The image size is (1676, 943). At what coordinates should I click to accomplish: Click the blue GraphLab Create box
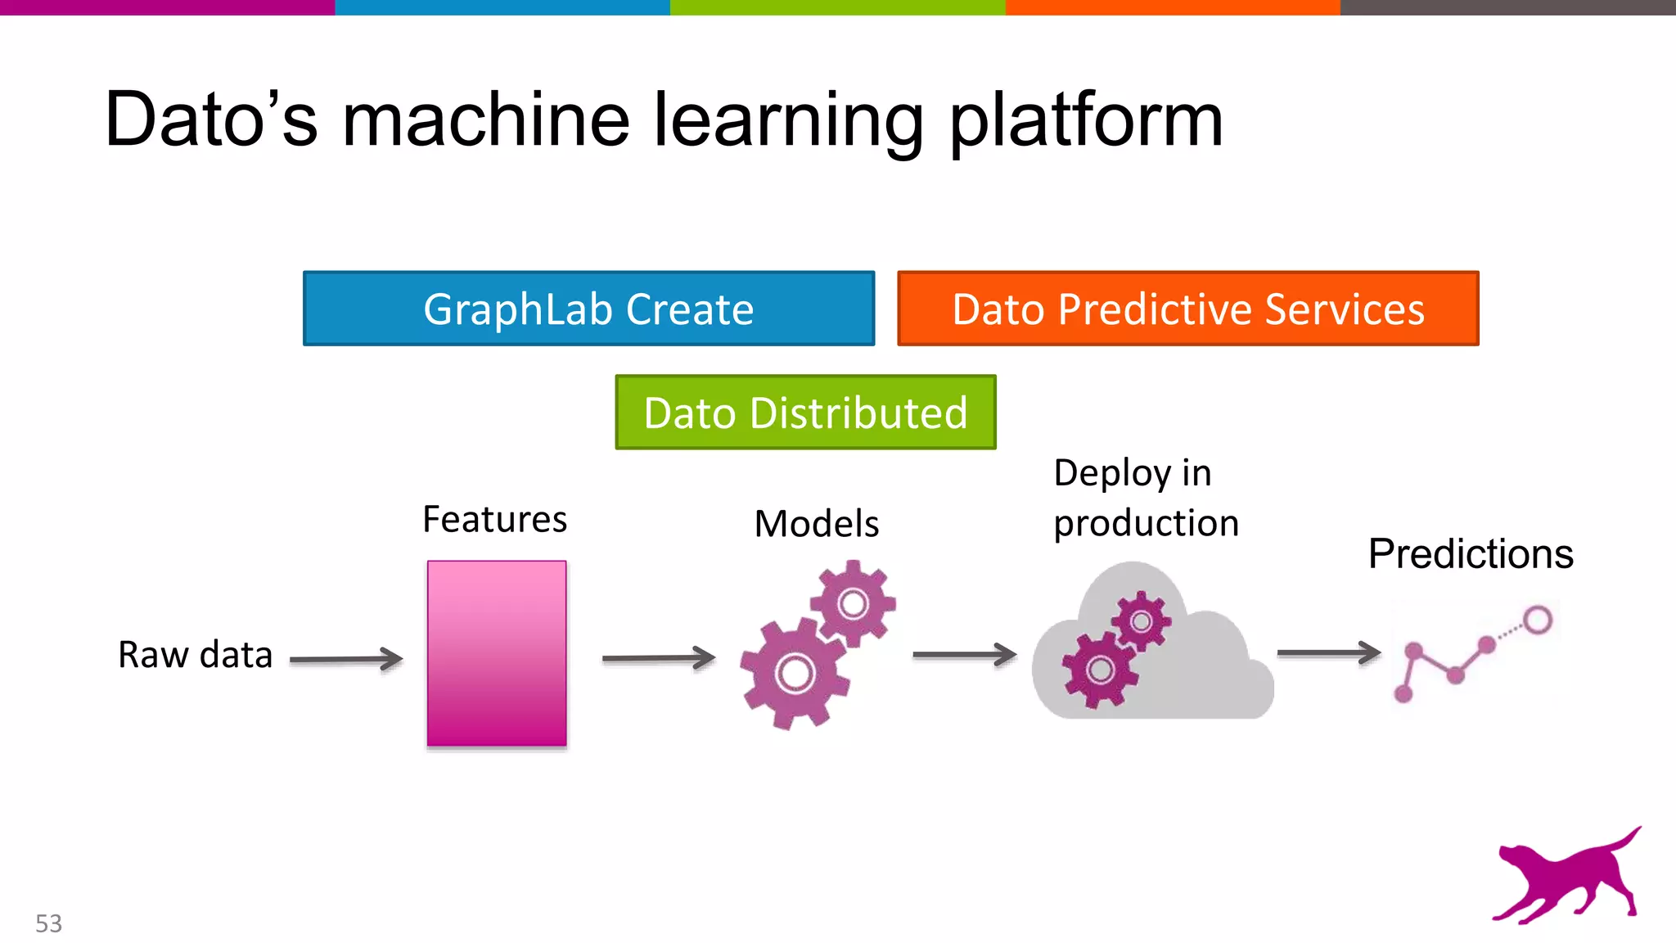(x=588, y=309)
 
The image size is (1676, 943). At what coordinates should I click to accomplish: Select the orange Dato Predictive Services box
(x=1187, y=309)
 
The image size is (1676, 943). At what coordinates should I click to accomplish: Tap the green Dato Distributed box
(x=805, y=413)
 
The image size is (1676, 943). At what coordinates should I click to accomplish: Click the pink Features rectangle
(x=497, y=653)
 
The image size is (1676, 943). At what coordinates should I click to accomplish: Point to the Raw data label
(x=195, y=655)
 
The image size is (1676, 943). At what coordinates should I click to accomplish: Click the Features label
(x=494, y=519)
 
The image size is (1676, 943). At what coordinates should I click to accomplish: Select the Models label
(x=816, y=524)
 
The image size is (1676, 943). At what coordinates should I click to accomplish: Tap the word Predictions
(x=1471, y=554)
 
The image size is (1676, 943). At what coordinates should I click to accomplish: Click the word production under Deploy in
(x=1146, y=523)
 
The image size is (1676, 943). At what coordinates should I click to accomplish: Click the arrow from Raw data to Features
(x=346, y=659)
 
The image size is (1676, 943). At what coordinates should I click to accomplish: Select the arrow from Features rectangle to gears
(x=658, y=657)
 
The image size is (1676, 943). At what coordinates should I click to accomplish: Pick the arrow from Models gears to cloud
(x=964, y=654)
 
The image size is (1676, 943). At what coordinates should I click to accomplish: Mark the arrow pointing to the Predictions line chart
(x=1328, y=652)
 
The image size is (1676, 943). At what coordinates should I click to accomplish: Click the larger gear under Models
(x=795, y=675)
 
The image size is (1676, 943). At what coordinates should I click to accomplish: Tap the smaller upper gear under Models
(x=854, y=604)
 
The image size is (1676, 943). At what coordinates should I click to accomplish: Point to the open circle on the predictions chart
(x=1538, y=620)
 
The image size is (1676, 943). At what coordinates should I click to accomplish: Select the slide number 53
(x=48, y=923)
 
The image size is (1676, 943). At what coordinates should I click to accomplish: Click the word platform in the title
(x=1085, y=120)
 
